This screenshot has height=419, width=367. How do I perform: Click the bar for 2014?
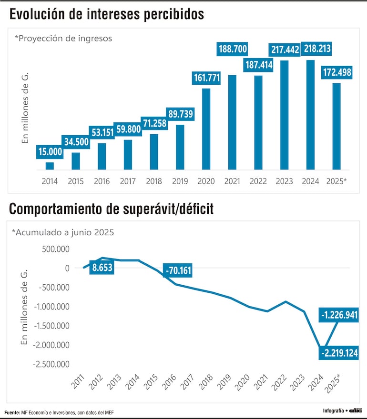click(50, 166)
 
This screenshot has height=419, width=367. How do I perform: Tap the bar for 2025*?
click(336, 126)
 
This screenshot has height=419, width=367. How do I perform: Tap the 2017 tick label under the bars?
click(128, 181)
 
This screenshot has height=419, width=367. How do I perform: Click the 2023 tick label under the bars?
click(284, 181)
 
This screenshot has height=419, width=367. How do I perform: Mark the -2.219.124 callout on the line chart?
click(339, 353)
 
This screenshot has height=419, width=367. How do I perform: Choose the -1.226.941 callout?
click(339, 315)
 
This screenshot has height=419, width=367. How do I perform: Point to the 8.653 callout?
click(102, 268)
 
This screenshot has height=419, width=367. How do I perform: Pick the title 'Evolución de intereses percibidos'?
click(106, 15)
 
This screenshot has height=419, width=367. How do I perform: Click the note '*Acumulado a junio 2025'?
click(63, 233)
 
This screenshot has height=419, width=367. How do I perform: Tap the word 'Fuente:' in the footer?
click(12, 412)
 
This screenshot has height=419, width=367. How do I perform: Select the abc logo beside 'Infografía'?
click(356, 410)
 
